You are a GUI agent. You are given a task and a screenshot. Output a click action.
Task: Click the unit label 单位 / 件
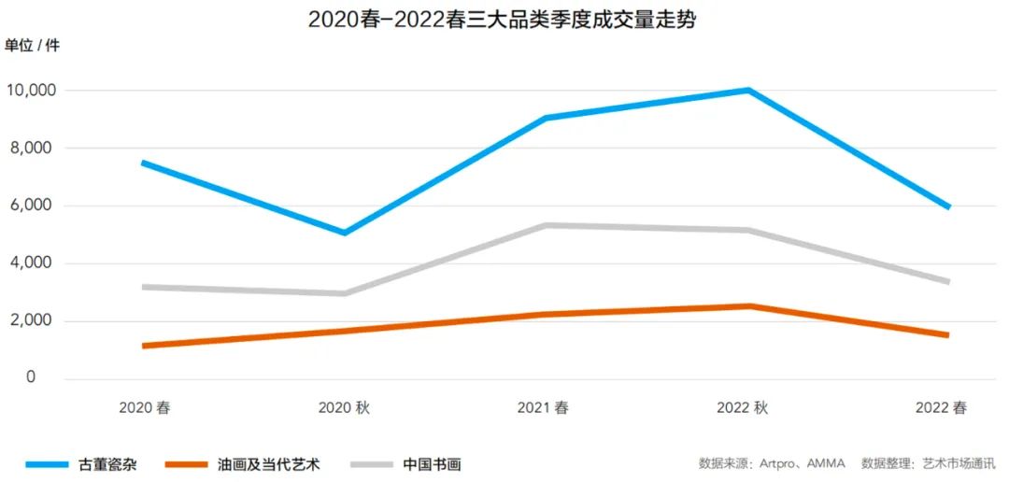pyautogui.click(x=32, y=46)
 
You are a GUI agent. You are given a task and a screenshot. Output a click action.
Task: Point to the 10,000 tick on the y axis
pyautogui.click(x=31, y=91)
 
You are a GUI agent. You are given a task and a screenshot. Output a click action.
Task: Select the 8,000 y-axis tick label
pyautogui.click(x=35, y=149)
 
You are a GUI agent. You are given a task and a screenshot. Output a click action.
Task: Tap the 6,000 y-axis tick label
pyautogui.click(x=35, y=206)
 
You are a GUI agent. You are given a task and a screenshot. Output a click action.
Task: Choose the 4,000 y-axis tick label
pyautogui.click(x=35, y=264)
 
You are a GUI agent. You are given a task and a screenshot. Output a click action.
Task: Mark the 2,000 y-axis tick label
pyautogui.click(x=35, y=321)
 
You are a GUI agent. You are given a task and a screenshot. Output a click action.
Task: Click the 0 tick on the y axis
pyautogui.click(x=31, y=378)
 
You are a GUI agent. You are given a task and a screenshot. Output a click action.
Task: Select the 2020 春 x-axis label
pyautogui.click(x=144, y=408)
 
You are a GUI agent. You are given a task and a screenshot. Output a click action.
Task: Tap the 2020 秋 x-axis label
pyautogui.click(x=344, y=408)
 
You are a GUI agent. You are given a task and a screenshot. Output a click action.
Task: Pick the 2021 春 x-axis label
pyautogui.click(x=543, y=408)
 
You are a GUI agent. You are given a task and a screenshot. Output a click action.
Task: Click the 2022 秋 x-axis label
pyautogui.click(x=743, y=408)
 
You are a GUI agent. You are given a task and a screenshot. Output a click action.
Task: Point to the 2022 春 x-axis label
pyautogui.click(x=942, y=408)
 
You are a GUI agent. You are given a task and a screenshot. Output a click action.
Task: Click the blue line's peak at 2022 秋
pyautogui.click(x=748, y=91)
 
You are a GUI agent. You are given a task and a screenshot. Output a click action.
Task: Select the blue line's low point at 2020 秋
pyautogui.click(x=345, y=233)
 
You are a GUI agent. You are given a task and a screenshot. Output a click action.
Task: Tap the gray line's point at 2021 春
pyautogui.click(x=545, y=225)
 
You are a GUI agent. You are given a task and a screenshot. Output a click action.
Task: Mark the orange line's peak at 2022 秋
pyautogui.click(x=748, y=305)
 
